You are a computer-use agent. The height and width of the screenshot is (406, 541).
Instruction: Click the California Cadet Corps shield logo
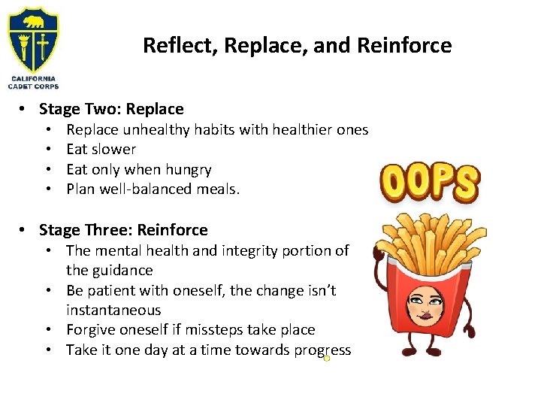click(33, 38)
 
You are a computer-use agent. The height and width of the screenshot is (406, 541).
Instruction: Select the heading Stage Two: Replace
click(111, 109)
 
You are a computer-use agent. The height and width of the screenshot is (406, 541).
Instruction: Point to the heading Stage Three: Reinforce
click(123, 230)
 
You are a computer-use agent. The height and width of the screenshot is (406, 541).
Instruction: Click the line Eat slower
click(101, 150)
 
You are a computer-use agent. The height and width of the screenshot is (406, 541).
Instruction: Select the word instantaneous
click(113, 310)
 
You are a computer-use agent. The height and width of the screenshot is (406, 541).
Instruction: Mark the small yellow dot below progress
click(327, 359)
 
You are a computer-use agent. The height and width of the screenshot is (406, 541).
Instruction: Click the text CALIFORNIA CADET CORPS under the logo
click(33, 82)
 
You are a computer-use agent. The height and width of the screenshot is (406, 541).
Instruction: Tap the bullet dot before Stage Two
click(24, 109)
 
